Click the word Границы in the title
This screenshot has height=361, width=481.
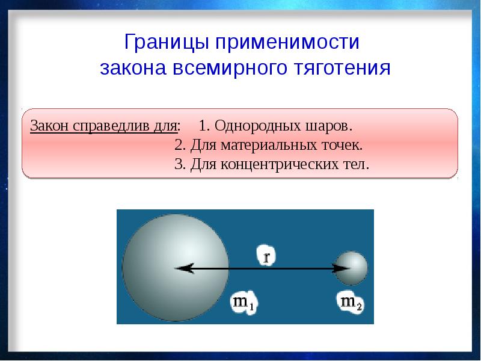click(167, 42)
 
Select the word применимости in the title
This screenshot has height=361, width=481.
click(287, 42)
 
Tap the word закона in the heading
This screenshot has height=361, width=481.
click(133, 68)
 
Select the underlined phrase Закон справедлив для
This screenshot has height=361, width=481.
click(104, 126)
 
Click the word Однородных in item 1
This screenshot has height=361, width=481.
click(258, 126)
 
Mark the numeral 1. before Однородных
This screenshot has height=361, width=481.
click(204, 126)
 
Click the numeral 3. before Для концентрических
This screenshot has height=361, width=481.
click(180, 164)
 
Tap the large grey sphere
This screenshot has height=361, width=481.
click(176, 268)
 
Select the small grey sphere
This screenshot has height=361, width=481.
click(351, 268)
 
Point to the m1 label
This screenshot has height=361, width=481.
click(244, 303)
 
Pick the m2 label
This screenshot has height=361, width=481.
click(351, 303)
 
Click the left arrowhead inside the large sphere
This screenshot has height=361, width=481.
click(183, 268)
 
